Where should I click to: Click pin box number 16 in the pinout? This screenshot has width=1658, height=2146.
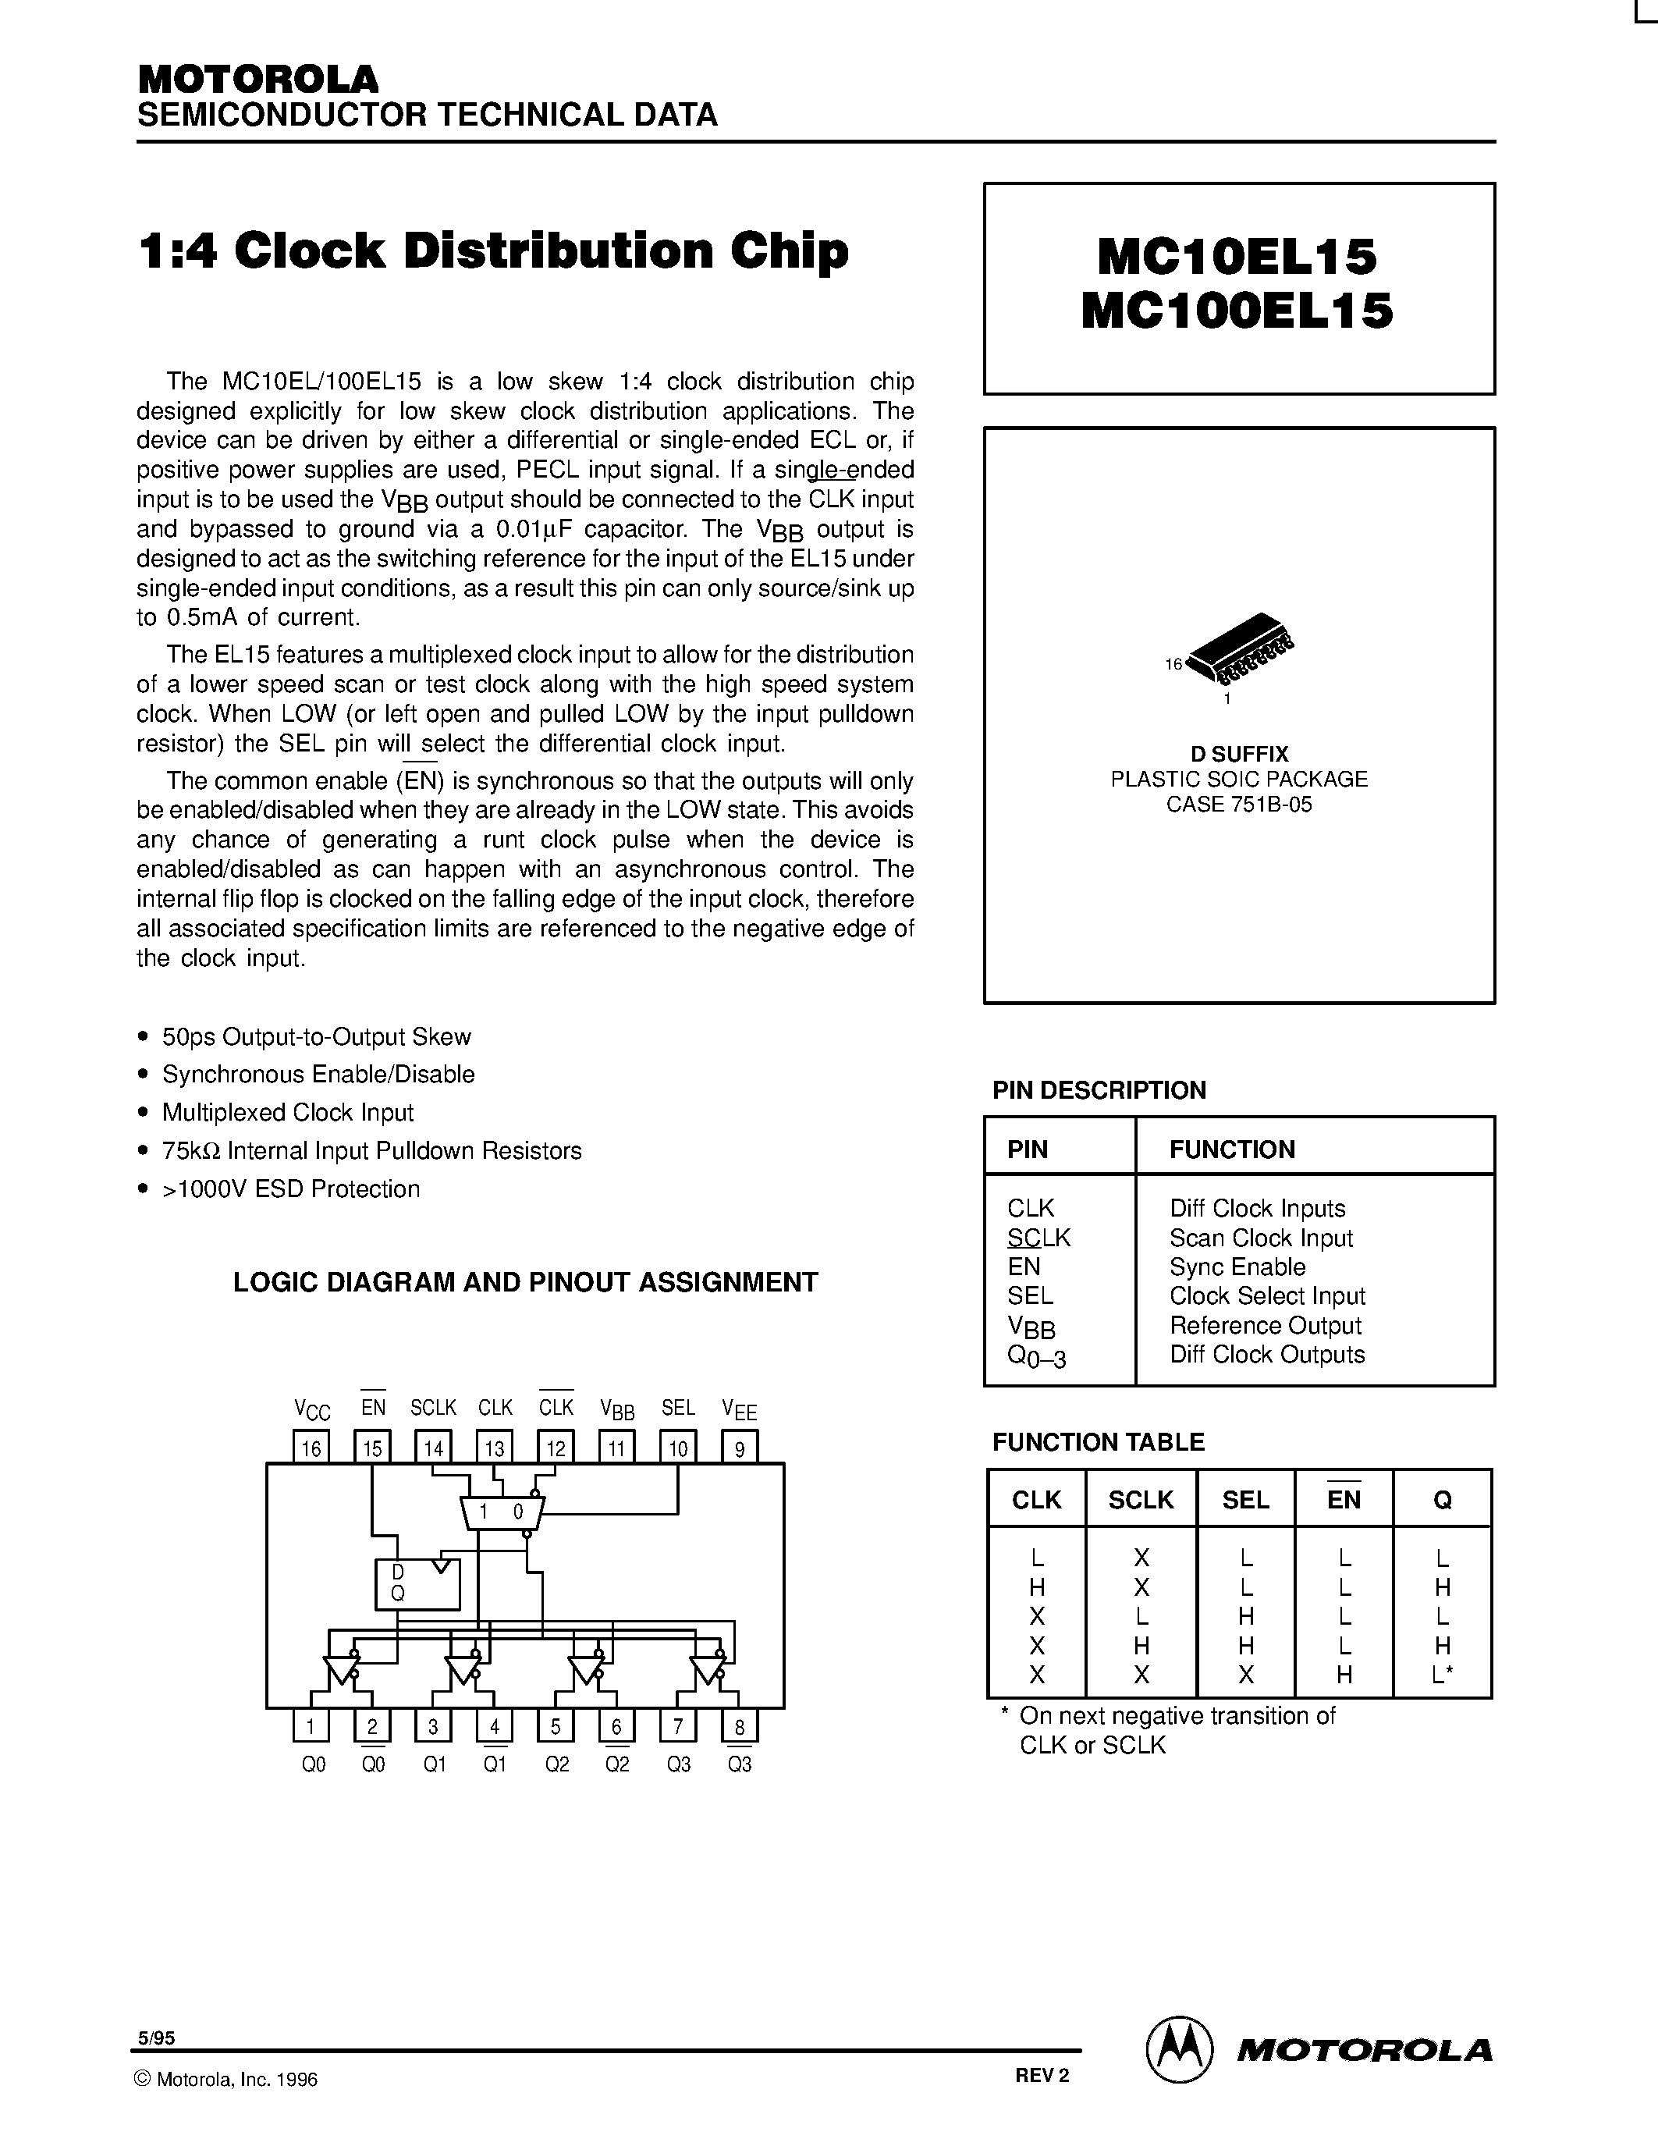pyautogui.click(x=311, y=1448)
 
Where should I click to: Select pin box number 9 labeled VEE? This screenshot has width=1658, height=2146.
pyautogui.click(x=740, y=1448)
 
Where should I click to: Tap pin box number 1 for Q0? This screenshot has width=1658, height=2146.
pyautogui.click(x=311, y=1726)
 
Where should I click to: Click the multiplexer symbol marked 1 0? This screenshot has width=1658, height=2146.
pyautogui.click(x=501, y=1513)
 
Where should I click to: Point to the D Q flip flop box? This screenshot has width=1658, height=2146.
pyautogui.click(x=417, y=1584)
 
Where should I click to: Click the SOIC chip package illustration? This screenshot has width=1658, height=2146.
pyautogui.click(x=1240, y=648)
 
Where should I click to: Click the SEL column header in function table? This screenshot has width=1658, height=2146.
pyautogui.click(x=1245, y=1499)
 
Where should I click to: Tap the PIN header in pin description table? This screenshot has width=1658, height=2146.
pyautogui.click(x=1028, y=1149)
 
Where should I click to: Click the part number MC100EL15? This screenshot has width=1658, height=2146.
pyautogui.click(x=1237, y=311)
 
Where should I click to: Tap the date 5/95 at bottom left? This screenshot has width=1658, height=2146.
pyautogui.click(x=156, y=2038)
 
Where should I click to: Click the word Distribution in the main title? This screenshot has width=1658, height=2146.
pyautogui.click(x=557, y=250)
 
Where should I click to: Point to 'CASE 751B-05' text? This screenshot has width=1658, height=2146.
pyautogui.click(x=1238, y=805)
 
